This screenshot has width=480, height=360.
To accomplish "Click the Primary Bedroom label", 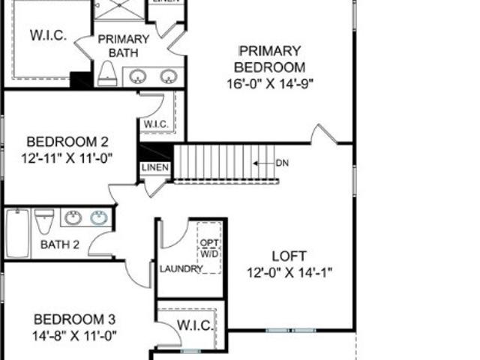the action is [x=269, y=59].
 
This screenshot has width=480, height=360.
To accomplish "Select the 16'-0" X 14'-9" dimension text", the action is [x=270, y=83].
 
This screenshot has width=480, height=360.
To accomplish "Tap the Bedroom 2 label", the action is [x=67, y=142].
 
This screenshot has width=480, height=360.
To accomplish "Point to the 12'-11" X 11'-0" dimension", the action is [x=67, y=158].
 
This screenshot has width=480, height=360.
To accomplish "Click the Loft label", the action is [x=289, y=256].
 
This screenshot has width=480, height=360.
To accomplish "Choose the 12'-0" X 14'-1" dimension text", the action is [x=289, y=272].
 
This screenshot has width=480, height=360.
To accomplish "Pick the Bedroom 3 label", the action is [x=74, y=319].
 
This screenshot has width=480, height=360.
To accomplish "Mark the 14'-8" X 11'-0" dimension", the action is [x=74, y=336].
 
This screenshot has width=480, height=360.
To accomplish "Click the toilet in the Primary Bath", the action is [x=107, y=73].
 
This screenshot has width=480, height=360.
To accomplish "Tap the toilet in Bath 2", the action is [x=44, y=221].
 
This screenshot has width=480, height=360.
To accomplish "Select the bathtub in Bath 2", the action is [x=18, y=233].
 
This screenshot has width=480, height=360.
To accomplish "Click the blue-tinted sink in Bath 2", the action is [x=99, y=217].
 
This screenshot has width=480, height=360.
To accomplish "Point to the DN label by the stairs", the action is [x=282, y=163].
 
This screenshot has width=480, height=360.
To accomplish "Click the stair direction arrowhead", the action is [x=256, y=163].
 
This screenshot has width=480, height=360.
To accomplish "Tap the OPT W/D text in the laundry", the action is [x=209, y=248].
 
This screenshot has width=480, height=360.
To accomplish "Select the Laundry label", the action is [x=181, y=269].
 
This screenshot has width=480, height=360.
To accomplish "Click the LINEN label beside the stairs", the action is [x=155, y=167].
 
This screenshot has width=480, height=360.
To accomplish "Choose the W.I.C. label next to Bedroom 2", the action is [x=156, y=124].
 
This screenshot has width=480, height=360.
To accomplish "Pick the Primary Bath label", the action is [x=123, y=46].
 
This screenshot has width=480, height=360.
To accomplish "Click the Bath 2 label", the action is [x=60, y=244].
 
